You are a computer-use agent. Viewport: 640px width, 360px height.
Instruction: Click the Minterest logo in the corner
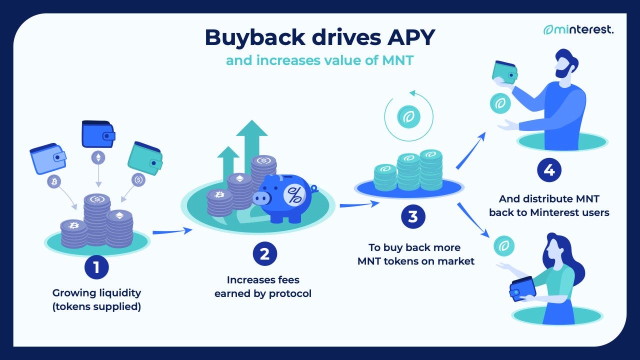(578, 29)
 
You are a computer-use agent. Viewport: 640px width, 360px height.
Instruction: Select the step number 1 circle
(96, 267)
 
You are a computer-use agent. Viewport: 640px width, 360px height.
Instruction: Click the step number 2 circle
(264, 254)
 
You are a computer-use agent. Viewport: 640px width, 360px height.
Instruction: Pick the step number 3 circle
(412, 216)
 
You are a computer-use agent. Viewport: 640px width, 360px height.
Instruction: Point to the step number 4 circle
(548, 170)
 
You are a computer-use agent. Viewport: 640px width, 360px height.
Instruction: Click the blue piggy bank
(282, 197)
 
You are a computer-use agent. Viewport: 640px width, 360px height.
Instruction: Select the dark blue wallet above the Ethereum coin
(98, 133)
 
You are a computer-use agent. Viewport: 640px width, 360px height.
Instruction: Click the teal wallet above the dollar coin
(145, 156)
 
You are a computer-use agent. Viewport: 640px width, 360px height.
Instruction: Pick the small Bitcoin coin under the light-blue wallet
(54, 180)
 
